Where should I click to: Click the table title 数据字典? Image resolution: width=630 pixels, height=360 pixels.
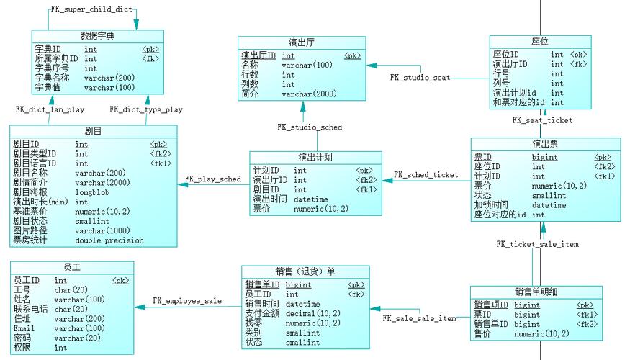coord(98,36)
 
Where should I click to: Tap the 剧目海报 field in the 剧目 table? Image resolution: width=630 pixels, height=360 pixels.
coord(30,192)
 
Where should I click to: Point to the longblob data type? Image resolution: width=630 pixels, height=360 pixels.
coord(94,192)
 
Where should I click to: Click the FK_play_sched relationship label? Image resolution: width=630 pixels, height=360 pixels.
coord(212,179)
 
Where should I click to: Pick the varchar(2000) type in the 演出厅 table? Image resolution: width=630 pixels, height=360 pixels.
coord(309,94)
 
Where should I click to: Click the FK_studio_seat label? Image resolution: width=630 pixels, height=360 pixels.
coord(420,77)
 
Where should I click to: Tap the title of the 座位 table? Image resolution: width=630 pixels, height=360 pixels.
coord(540,42)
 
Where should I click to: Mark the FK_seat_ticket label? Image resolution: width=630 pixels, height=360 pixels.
coord(542,121)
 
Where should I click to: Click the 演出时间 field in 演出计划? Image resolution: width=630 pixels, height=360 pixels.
coord(270,199)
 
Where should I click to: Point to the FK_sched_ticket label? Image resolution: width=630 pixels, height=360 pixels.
coord(426,175)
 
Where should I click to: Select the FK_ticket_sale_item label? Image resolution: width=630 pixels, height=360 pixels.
coord(537,244)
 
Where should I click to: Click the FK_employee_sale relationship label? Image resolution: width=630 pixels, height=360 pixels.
coord(187,300)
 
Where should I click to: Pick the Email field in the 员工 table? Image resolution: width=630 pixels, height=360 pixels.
coord(24,328)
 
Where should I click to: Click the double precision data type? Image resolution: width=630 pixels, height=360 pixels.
coord(109,240)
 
